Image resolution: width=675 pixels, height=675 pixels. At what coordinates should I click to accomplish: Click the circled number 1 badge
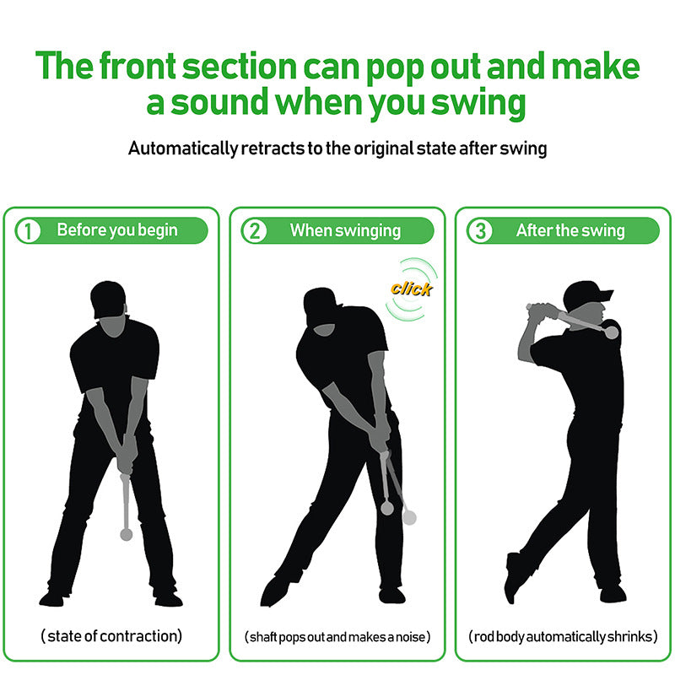[x=29, y=230]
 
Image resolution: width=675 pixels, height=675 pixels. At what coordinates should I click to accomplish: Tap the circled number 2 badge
[x=254, y=230]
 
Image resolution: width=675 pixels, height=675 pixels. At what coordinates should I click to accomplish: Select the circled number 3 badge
[x=480, y=230]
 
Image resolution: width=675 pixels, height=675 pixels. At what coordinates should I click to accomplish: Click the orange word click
[x=411, y=289]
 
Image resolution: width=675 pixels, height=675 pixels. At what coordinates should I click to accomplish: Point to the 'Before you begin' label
[x=117, y=229]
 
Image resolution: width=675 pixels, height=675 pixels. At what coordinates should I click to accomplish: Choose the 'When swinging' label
[x=345, y=229]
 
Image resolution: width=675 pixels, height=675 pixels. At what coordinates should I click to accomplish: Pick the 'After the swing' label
[x=570, y=229]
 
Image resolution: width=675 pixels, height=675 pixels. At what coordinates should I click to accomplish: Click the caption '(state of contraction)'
[x=111, y=635]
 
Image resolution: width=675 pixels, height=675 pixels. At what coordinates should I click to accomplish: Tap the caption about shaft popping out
[x=337, y=636]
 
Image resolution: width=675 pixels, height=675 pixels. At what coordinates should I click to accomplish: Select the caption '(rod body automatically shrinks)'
[x=563, y=636]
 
